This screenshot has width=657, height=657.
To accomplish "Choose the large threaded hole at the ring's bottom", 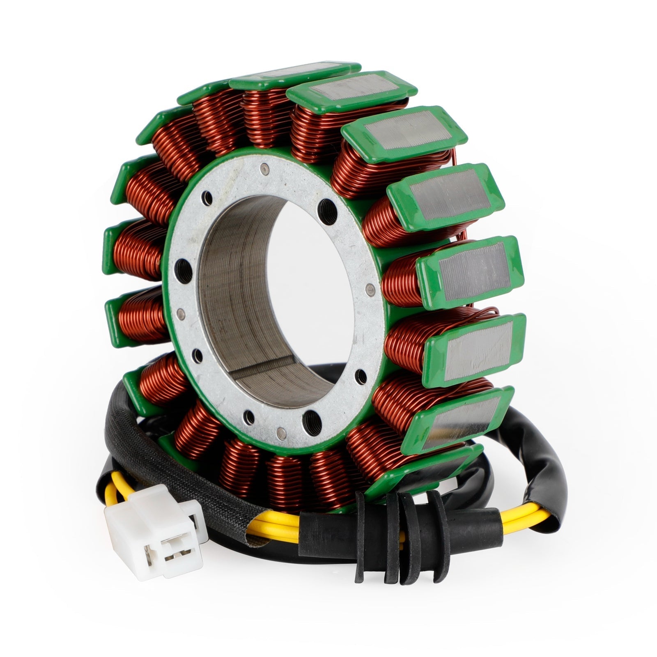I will pos(310,418).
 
